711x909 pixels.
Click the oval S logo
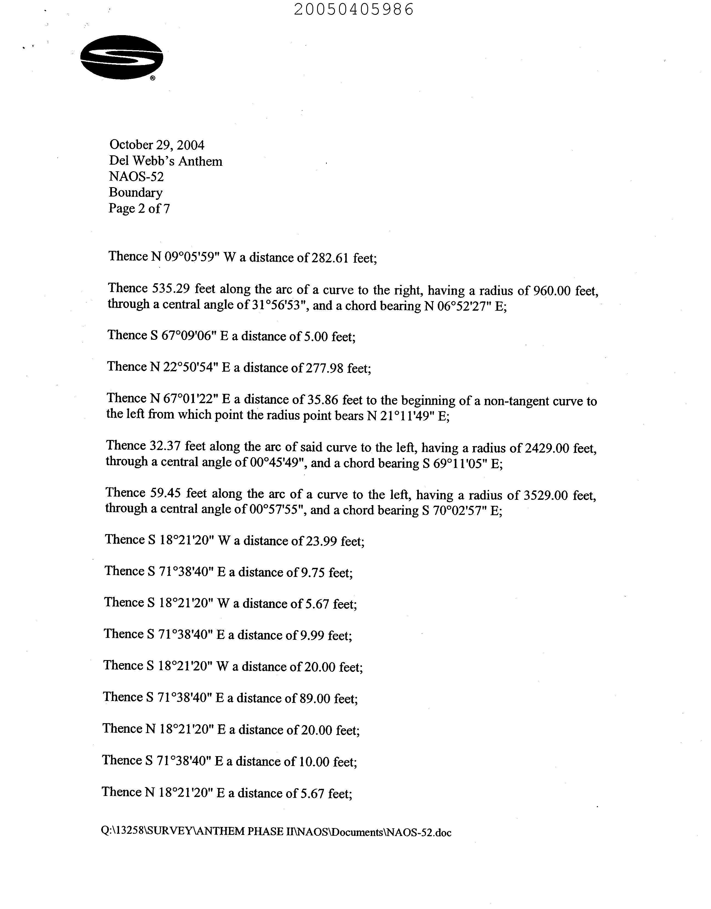(122, 57)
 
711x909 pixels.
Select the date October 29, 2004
(157, 145)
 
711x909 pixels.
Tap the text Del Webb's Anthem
(166, 161)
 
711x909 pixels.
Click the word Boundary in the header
(136, 192)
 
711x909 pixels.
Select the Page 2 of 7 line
(139, 208)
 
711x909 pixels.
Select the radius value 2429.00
(547, 448)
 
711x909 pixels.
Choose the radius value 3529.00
(547, 495)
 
